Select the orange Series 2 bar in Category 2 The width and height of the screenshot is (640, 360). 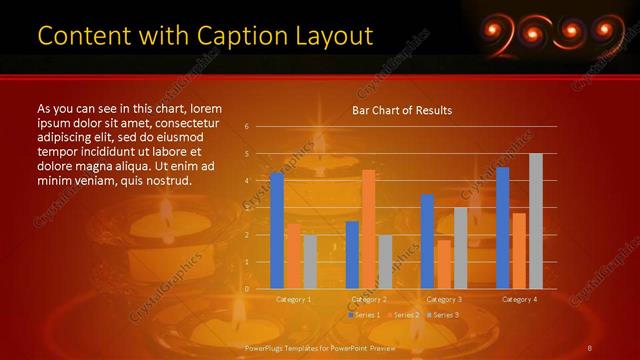click(368, 229)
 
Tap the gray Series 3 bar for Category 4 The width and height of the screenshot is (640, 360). click(536, 221)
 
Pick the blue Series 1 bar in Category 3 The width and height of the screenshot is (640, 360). click(427, 241)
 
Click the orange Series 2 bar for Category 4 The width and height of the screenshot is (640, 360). click(518, 251)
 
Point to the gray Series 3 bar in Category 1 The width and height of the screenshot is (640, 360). click(310, 262)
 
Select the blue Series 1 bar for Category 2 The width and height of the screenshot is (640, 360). click(352, 255)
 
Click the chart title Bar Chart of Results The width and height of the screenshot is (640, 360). click(402, 110)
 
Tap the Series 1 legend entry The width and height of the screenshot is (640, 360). click(364, 315)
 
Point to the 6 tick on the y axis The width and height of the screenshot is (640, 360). click(246, 127)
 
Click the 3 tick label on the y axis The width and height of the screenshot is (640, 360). click(246, 208)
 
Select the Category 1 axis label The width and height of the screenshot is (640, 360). click(293, 299)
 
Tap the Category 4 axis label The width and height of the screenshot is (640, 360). click(519, 299)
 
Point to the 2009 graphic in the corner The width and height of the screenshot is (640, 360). click(539, 34)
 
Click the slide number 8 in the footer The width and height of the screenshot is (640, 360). click(591, 347)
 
